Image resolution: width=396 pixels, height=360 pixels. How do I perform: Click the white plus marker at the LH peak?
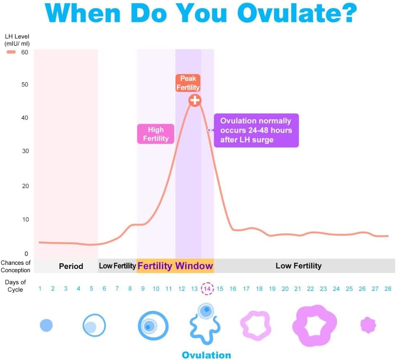point(195,100)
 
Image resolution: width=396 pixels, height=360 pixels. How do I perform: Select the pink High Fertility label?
point(156,134)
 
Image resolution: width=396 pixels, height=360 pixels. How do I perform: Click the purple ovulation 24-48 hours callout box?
point(256,131)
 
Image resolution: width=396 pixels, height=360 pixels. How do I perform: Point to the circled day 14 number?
point(207,289)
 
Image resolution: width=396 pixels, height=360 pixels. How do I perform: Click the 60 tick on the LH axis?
point(25,52)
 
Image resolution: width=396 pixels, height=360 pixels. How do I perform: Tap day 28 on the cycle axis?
point(388,289)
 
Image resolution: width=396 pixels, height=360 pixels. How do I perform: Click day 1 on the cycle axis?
point(40,289)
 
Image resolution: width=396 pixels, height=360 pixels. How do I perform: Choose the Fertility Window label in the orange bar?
point(175,266)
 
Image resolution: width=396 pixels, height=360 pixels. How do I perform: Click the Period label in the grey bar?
point(71,266)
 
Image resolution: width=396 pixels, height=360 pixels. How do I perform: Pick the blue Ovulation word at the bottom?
point(206,355)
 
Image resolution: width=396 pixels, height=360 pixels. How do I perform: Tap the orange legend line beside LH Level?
point(12,52)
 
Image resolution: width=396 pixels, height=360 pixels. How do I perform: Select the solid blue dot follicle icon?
point(46,326)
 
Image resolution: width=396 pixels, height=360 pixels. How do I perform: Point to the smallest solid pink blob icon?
point(368,325)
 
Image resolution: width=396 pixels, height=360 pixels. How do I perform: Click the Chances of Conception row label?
point(16,266)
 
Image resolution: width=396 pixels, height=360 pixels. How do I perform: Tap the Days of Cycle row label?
point(16,286)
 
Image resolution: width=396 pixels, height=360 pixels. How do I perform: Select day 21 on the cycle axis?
point(298,289)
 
